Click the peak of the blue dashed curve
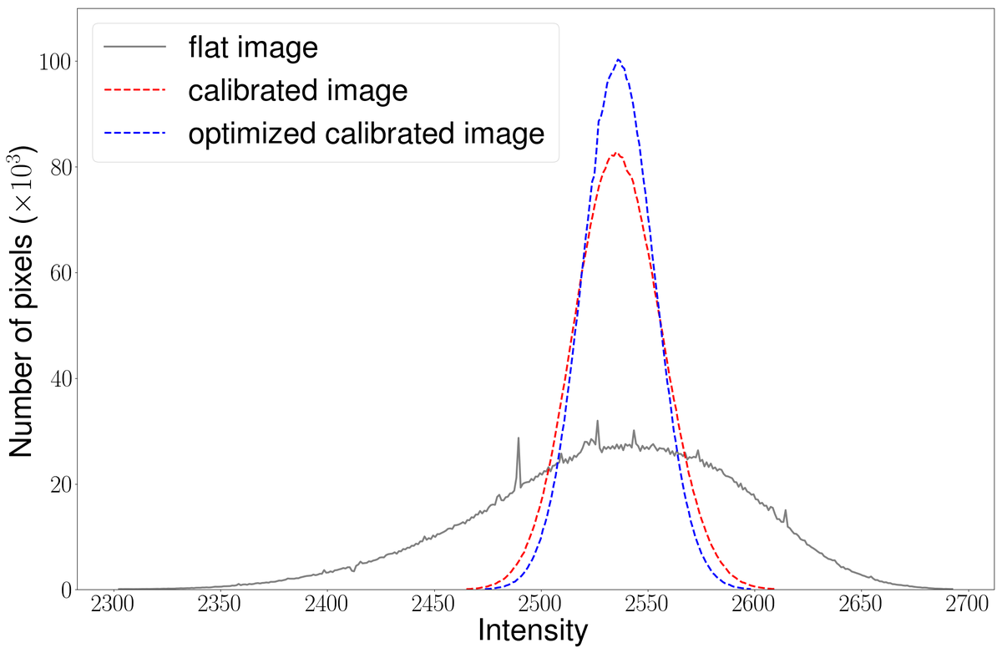618,59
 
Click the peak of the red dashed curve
616,153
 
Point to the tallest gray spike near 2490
518,438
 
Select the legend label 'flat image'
253,48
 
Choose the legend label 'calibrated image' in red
298,90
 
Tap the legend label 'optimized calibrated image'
367,133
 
